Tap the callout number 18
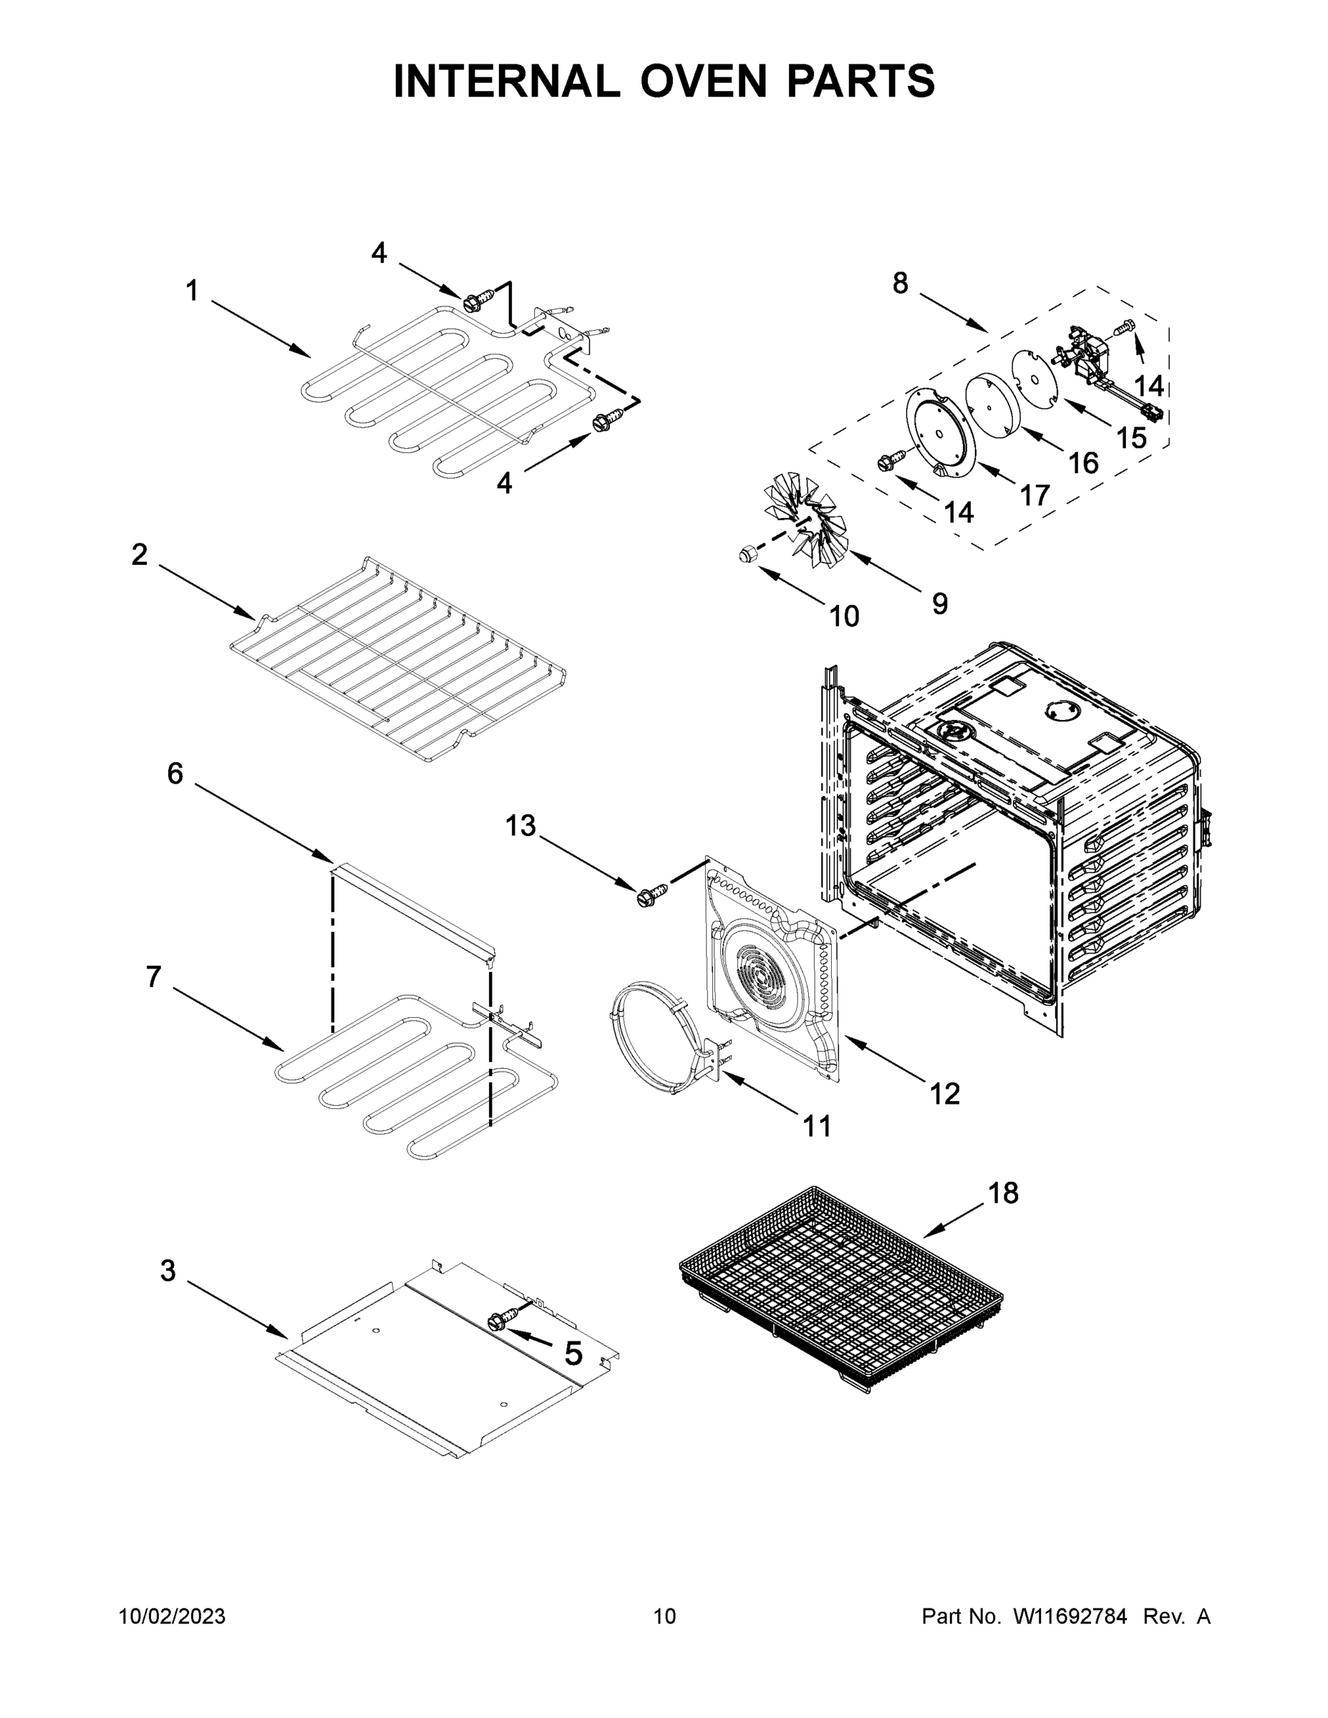pyautogui.click(x=1003, y=1193)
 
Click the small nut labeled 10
pyautogui.click(x=748, y=554)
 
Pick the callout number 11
pyautogui.click(x=817, y=1127)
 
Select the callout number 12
pyautogui.click(x=945, y=1093)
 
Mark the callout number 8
pyautogui.click(x=900, y=283)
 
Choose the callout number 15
pyautogui.click(x=1131, y=437)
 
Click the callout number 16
pyautogui.click(x=1083, y=462)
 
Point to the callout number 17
pyautogui.click(x=1035, y=495)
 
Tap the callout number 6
pyautogui.click(x=175, y=773)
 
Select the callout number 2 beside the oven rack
pyautogui.click(x=140, y=555)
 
